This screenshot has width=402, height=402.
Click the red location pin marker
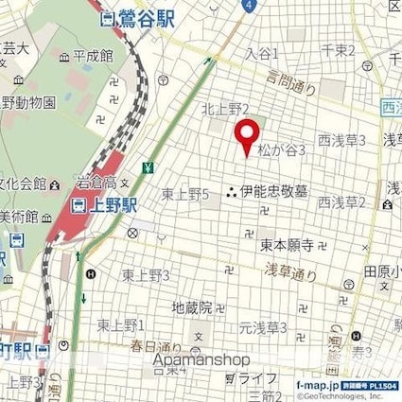[x=248, y=137]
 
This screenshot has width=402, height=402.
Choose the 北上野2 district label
[x=225, y=110]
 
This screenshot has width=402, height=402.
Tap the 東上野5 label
[x=184, y=194]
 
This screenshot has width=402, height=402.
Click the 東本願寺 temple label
[x=291, y=244]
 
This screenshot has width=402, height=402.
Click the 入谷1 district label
[x=262, y=53]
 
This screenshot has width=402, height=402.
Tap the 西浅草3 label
[x=341, y=142]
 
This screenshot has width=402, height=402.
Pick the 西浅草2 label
[x=341, y=201]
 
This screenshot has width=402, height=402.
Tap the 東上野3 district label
[x=146, y=275]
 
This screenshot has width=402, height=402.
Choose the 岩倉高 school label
[x=96, y=182]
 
